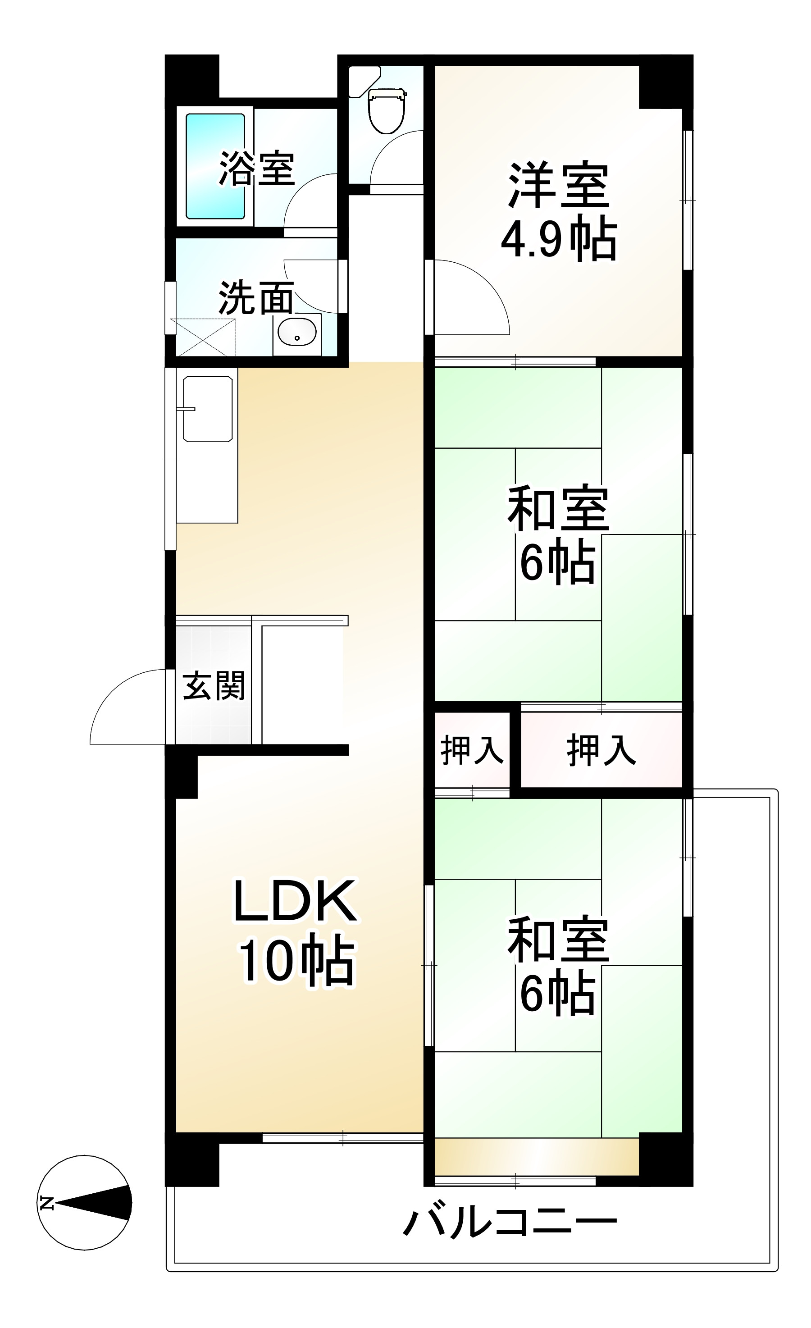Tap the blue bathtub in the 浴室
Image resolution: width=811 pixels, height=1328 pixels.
[x=215, y=166]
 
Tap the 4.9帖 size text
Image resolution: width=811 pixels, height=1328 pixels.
[x=558, y=239]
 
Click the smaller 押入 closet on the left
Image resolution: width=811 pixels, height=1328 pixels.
[x=472, y=750]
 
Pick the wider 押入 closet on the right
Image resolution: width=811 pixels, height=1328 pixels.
[x=601, y=750]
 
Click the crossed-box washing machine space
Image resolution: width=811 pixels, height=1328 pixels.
[x=203, y=338]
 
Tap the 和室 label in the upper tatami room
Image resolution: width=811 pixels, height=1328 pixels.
[x=558, y=509]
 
